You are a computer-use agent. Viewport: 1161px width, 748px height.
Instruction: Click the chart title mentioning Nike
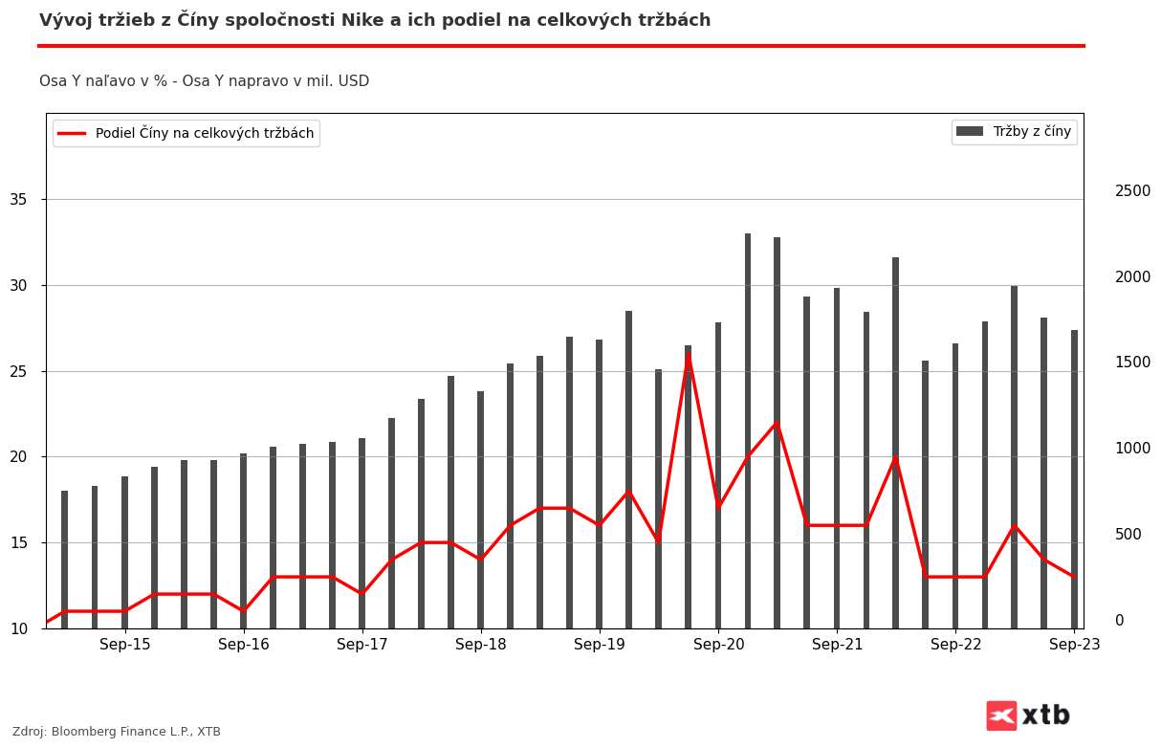coord(375,20)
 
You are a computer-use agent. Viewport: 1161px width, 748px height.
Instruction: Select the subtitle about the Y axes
coord(204,81)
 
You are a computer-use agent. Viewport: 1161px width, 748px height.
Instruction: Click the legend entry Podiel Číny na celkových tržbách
coord(186,133)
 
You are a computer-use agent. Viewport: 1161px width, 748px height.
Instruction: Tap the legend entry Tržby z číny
coord(1015,132)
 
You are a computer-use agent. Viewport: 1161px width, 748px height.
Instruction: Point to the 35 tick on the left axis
coord(19,200)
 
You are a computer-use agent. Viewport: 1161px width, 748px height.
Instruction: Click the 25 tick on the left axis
coord(19,371)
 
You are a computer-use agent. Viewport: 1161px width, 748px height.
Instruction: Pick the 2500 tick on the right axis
coord(1132,191)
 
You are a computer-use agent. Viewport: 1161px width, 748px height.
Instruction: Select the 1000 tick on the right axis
coord(1132,449)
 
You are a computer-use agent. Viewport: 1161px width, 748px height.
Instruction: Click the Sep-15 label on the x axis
coord(125,645)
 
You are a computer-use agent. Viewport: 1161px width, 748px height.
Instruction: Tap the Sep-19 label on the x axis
coord(600,645)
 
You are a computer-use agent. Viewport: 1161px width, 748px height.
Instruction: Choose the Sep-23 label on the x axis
coord(1074,645)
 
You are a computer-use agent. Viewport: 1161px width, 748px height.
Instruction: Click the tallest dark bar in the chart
coord(748,430)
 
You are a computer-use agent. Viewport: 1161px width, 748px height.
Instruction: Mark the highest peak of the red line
coord(689,355)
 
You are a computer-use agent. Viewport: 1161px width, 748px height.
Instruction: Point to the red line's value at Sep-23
coord(1074,577)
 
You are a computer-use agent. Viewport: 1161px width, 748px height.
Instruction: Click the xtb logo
coord(1029,715)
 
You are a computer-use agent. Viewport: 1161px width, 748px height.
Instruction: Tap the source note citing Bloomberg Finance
coord(117,732)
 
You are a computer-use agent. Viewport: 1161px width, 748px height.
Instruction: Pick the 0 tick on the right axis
coord(1119,620)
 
